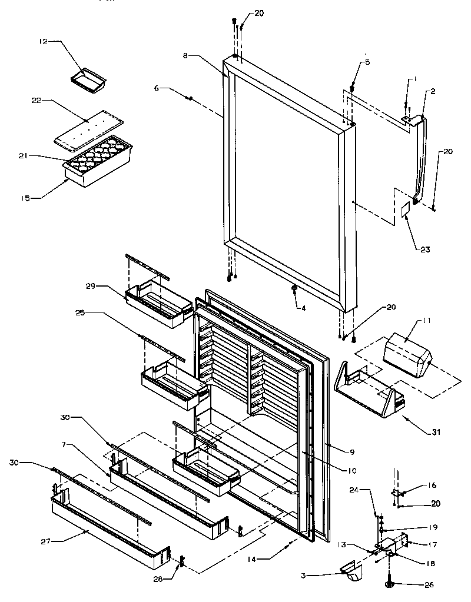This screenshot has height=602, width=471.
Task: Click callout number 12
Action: coord(42,41)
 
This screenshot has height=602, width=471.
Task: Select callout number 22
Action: coord(37,100)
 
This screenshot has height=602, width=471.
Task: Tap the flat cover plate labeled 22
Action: coord(89,126)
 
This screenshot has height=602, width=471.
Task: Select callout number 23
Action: coord(425,250)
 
